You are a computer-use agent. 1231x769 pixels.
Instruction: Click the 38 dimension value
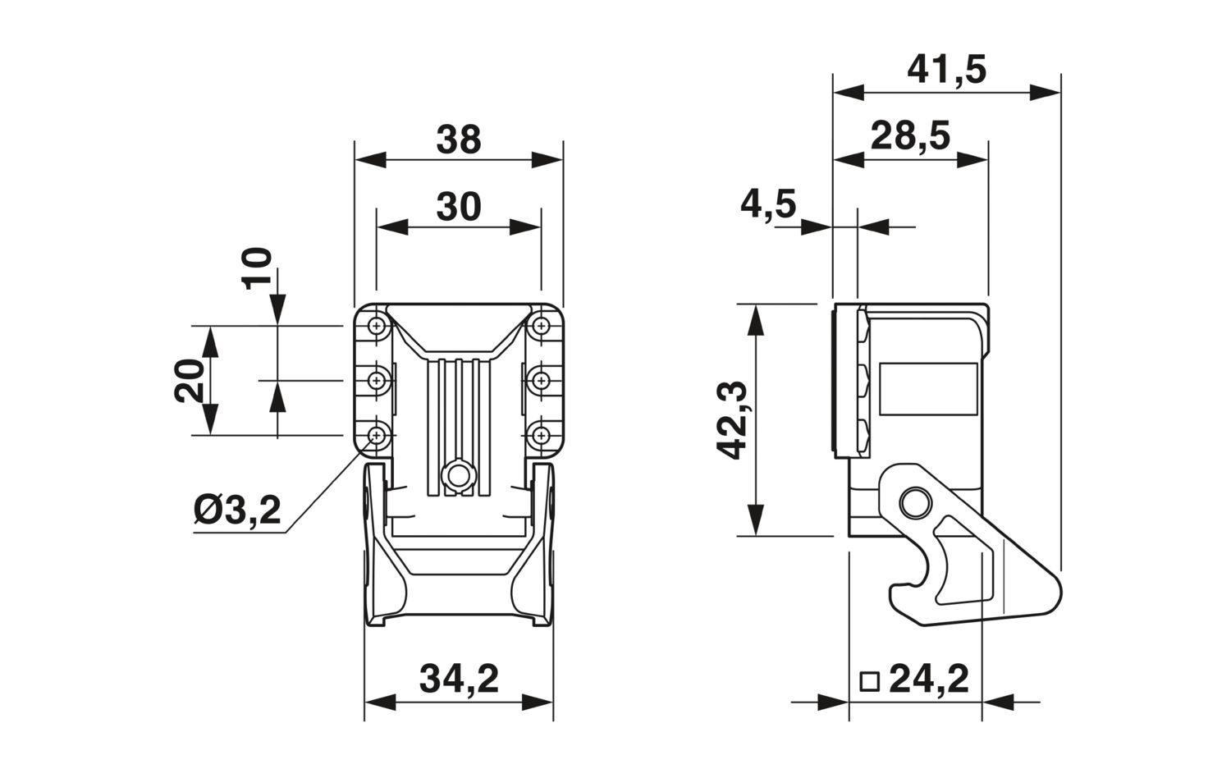pyautogui.click(x=458, y=140)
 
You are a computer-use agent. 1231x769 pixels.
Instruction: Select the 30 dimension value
pyautogui.click(x=458, y=207)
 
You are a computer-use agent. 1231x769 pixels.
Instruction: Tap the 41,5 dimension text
pyautogui.click(x=946, y=71)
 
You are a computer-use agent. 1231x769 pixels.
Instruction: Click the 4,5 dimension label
pyautogui.click(x=768, y=204)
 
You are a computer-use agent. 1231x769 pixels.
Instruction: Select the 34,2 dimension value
pyautogui.click(x=459, y=680)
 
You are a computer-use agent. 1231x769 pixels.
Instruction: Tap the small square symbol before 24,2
pyautogui.click(x=869, y=681)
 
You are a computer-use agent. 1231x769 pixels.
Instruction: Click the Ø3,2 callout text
pyautogui.click(x=237, y=511)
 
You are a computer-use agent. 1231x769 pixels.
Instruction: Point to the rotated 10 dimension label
pyautogui.click(x=257, y=268)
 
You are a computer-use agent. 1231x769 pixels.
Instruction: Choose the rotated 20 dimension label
pyautogui.click(x=190, y=381)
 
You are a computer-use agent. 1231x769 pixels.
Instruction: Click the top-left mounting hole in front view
pyautogui.click(x=377, y=326)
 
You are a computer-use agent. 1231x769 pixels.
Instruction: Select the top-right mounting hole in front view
pyautogui.click(x=540, y=326)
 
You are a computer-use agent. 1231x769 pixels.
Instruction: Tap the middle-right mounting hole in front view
pyautogui.click(x=540, y=380)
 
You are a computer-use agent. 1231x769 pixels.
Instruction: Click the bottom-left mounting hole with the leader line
pyautogui.click(x=377, y=435)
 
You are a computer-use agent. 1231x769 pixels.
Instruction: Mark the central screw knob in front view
pyautogui.click(x=457, y=476)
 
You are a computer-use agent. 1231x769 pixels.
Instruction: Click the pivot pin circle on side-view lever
pyautogui.click(x=913, y=501)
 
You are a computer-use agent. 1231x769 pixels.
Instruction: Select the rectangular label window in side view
pyautogui.click(x=928, y=387)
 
